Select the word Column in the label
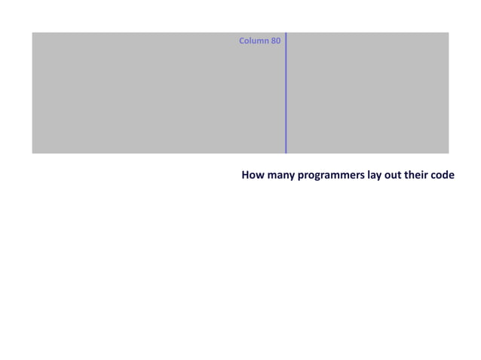(253, 41)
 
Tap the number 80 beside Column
(276, 41)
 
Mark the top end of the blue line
(286, 33)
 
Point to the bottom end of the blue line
(286, 153)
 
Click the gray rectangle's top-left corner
(32, 33)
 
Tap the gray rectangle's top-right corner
(449, 33)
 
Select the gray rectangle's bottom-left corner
(32, 153)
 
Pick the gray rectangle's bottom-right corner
(449, 153)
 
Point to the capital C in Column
(241, 41)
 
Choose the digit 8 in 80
(274, 41)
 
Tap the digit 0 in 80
(278, 41)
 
